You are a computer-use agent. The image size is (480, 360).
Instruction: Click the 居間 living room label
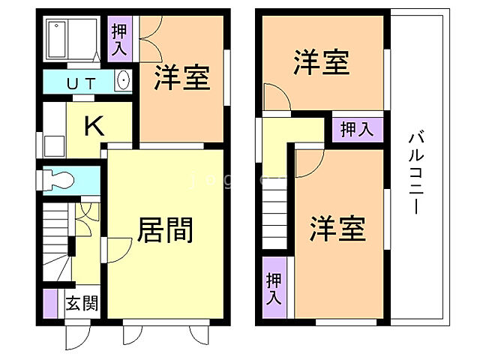[x=166, y=229]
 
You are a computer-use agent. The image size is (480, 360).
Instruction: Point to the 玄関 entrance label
[x=81, y=304]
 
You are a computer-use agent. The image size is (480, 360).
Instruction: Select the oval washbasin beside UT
[x=124, y=80]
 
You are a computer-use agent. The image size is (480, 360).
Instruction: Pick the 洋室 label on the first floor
[x=182, y=78]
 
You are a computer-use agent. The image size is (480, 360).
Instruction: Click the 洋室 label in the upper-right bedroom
[x=322, y=62]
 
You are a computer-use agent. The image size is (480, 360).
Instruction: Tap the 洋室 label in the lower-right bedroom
[x=337, y=228]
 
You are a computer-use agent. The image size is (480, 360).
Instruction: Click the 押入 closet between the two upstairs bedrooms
[x=357, y=129]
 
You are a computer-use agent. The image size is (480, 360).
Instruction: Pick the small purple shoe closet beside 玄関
[x=50, y=301]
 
